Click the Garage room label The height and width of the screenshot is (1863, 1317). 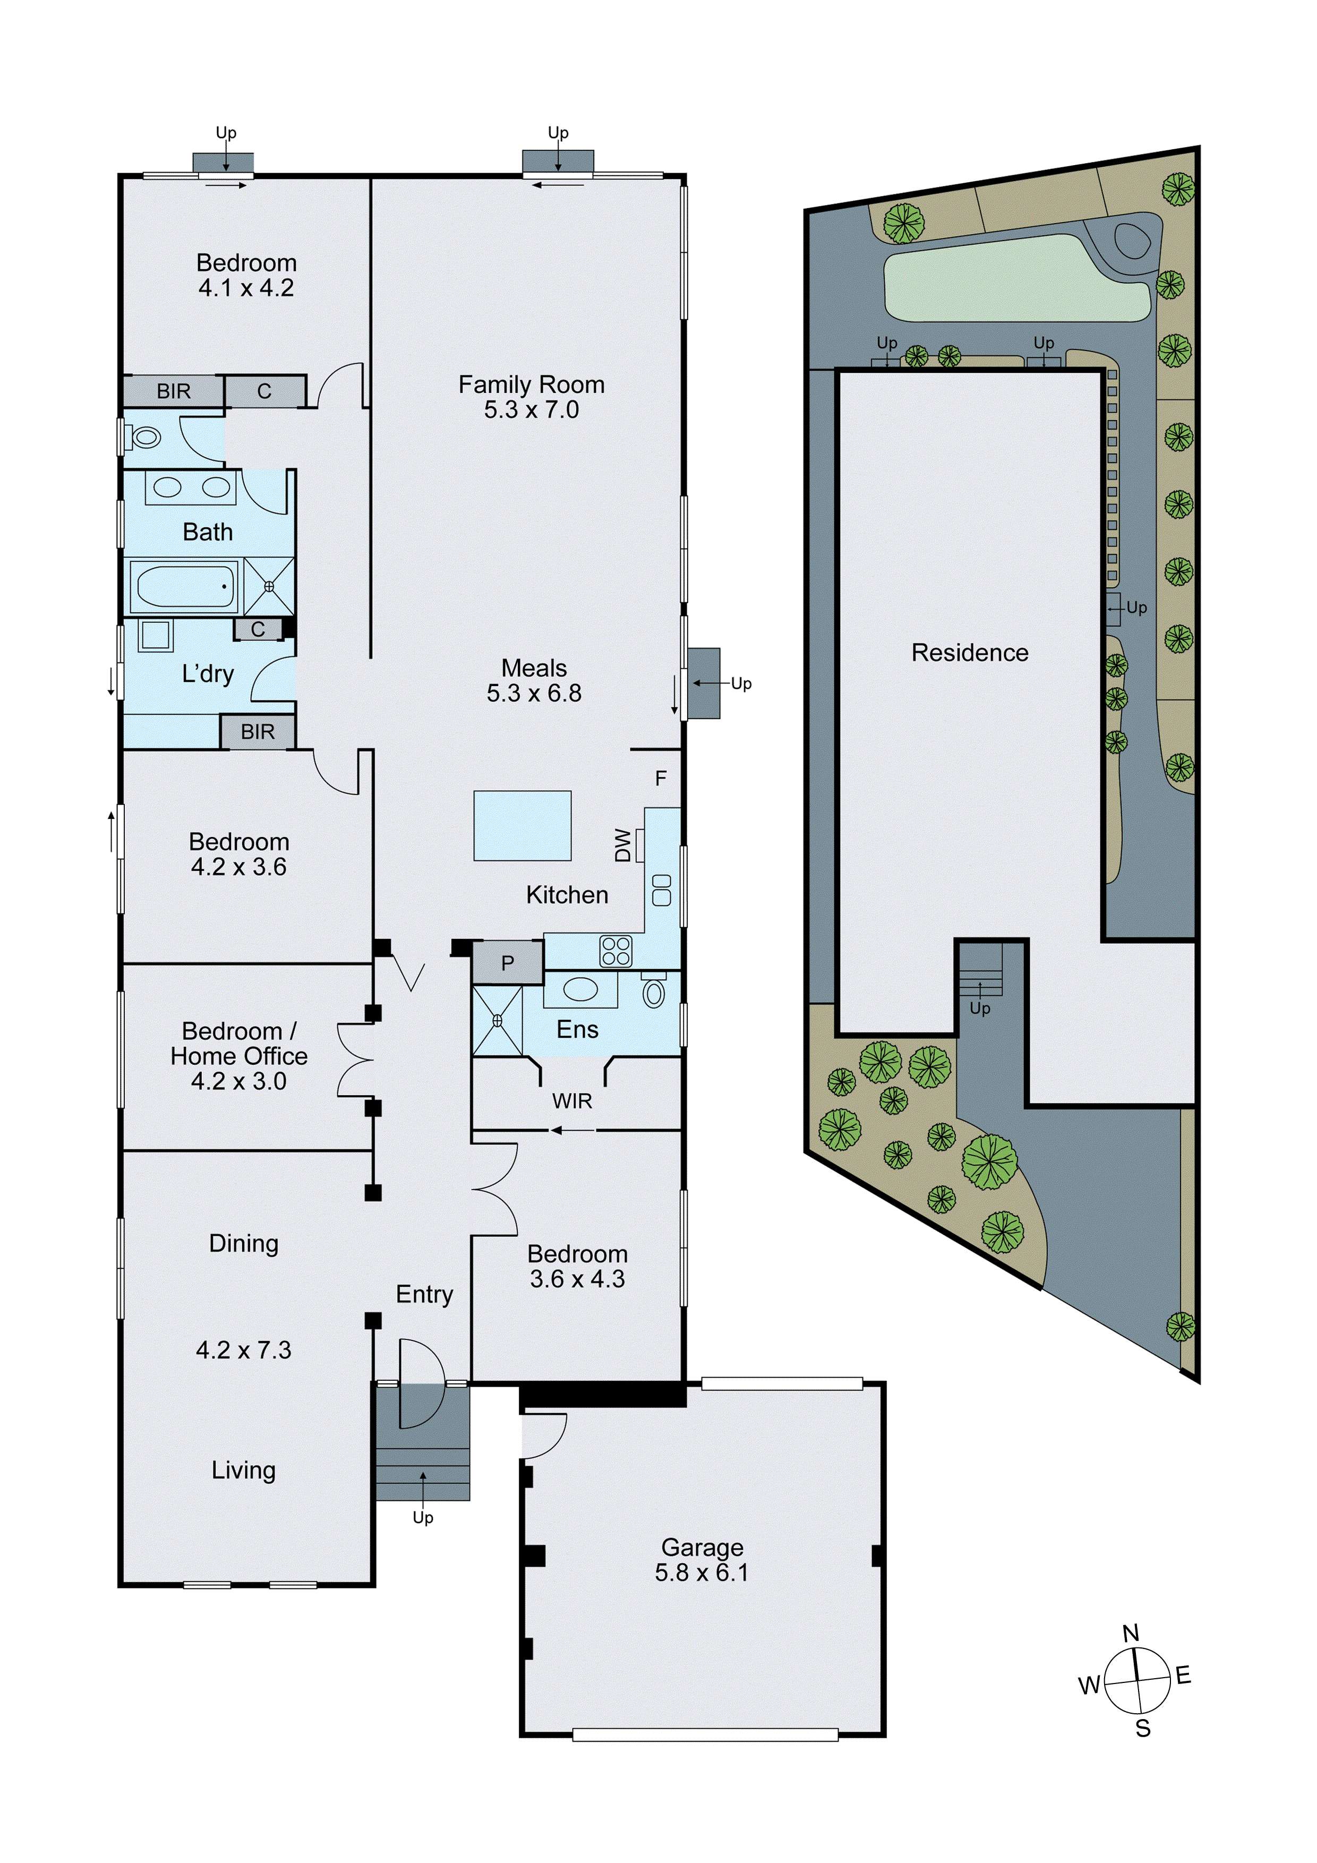coord(702,1548)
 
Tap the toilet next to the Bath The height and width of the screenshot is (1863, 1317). coord(143,438)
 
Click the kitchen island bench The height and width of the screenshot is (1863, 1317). coord(523,825)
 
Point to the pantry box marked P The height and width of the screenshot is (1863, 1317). coord(508,963)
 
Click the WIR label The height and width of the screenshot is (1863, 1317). coord(572,1101)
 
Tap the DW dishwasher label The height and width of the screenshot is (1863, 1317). coord(622,845)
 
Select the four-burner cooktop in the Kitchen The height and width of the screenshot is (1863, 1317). coord(616,951)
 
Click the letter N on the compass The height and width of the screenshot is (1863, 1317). coord(1131,1633)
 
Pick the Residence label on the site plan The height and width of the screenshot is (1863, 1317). coord(970,652)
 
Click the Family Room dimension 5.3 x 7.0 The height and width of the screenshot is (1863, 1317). coord(532,410)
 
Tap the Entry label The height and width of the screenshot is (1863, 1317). coord(424,1294)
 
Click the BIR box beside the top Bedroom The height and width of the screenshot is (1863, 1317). coord(174,391)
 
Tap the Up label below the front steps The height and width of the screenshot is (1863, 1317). coord(423,1517)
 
